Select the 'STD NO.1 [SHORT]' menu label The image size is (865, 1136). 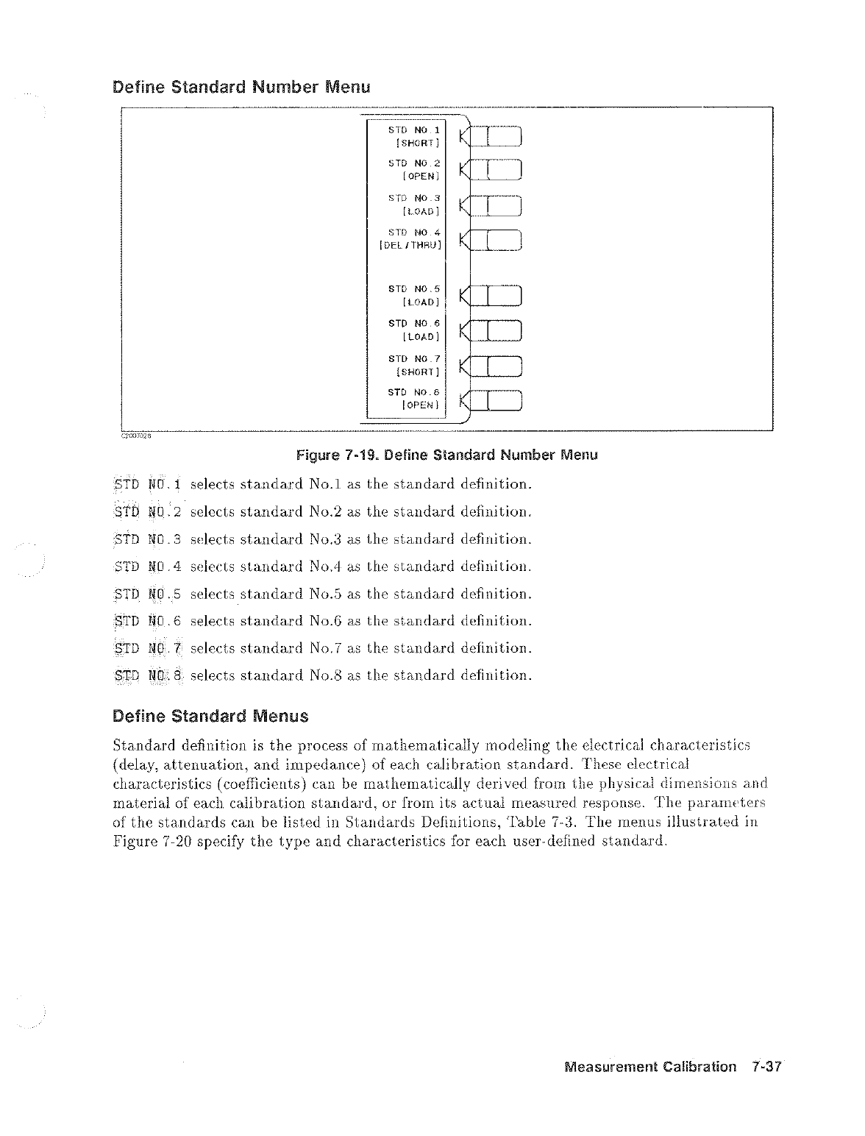[x=413, y=135]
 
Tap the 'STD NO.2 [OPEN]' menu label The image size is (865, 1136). [x=413, y=169]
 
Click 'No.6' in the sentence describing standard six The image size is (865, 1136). [x=323, y=621]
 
